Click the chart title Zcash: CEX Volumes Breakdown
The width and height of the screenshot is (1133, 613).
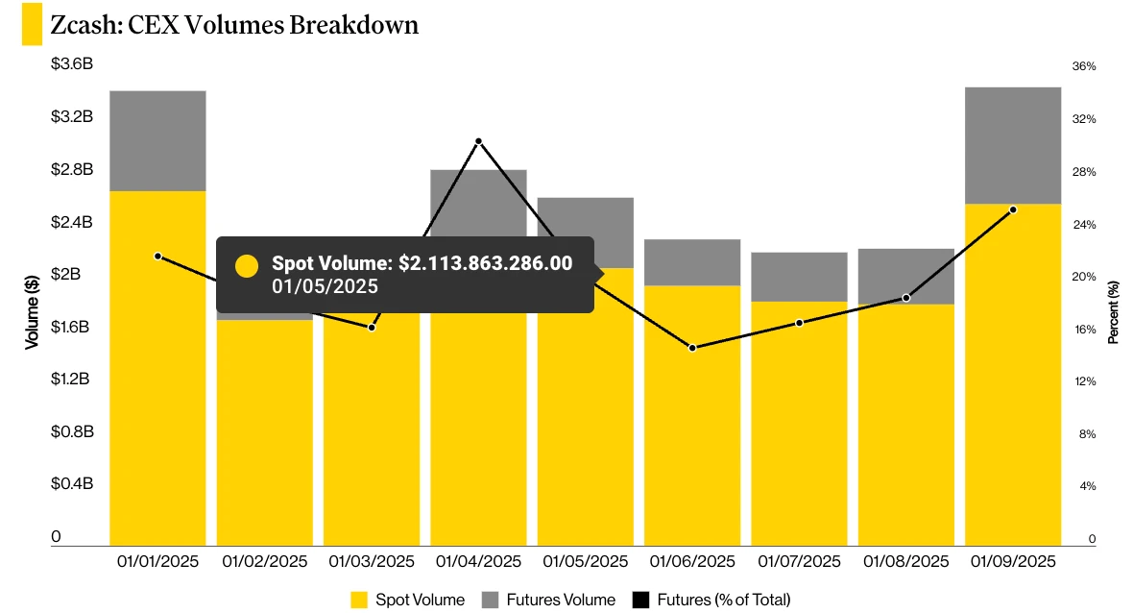234,25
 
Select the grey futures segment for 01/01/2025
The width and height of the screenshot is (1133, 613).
157,140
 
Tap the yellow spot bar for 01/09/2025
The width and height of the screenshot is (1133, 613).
1012,375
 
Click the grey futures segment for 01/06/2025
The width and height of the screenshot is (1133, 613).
691,262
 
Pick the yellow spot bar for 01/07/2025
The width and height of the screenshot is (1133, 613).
799,423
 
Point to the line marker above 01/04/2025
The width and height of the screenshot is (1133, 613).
478,141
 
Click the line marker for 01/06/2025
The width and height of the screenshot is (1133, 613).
692,348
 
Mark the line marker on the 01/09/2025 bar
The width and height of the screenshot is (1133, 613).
1013,209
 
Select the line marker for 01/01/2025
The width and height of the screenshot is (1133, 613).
157,256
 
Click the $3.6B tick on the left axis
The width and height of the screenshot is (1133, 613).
72,65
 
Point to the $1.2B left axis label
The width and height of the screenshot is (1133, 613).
72,380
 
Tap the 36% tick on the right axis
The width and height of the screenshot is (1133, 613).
1084,66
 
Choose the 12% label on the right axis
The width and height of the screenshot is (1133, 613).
1084,381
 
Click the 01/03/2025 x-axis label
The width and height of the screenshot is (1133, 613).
372,561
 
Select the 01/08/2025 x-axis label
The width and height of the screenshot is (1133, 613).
906,561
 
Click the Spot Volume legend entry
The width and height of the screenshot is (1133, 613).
408,600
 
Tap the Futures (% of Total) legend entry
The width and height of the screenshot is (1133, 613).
711,600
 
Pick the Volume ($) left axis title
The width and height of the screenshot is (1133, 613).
32,309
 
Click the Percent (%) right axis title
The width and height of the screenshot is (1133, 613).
1114,312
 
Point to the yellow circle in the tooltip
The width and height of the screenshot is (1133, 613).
247,266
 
